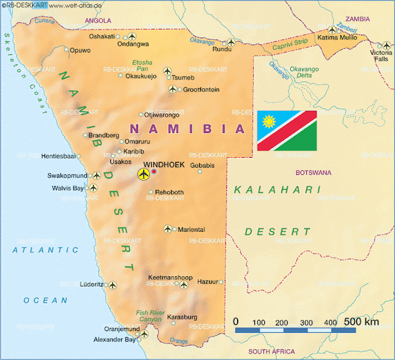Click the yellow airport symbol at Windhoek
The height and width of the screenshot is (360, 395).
click(x=143, y=174)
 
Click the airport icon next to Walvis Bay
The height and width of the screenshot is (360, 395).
click(x=94, y=188)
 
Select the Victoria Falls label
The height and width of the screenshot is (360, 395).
click(x=380, y=56)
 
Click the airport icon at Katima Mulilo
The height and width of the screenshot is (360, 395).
click(x=334, y=30)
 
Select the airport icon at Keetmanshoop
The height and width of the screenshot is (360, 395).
click(x=183, y=285)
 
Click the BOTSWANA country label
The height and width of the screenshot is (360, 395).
click(x=314, y=173)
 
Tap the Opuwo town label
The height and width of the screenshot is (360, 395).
click(x=81, y=50)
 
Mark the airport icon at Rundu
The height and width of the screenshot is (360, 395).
click(x=231, y=43)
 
